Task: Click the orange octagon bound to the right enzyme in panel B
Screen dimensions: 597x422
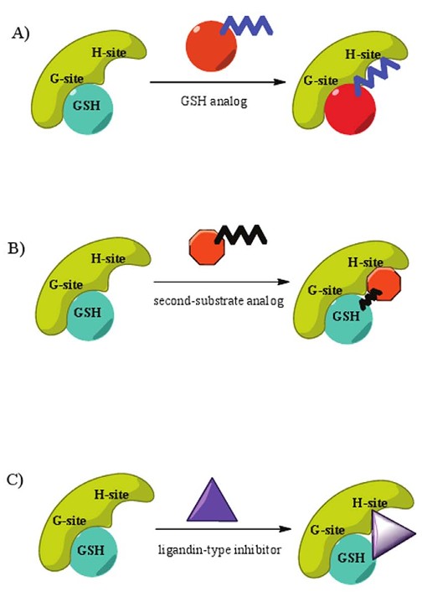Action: pos(382,279)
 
